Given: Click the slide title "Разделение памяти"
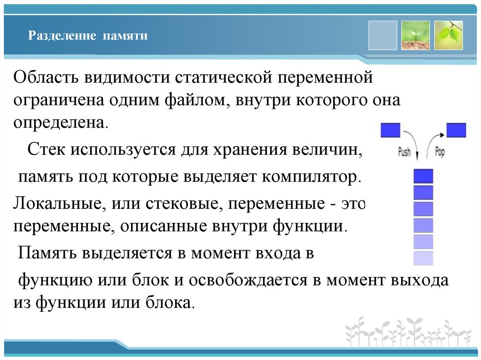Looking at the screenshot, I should pyautogui.click(x=88, y=36).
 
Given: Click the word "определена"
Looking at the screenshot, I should pyautogui.click(x=60, y=123).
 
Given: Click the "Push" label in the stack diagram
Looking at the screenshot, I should pyautogui.click(x=404, y=152).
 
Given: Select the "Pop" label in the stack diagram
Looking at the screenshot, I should pyautogui.click(x=440, y=151).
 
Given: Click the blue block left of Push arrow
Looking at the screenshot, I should pyautogui.click(x=390, y=130).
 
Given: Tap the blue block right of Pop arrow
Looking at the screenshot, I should pyautogui.click(x=456, y=130).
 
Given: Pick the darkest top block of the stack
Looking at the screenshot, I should pyautogui.click(x=423, y=176).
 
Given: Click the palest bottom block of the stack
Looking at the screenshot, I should pyautogui.click(x=423, y=258).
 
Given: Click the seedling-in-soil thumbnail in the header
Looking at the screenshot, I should pyautogui.click(x=415, y=35).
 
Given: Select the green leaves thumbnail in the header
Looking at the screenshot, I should pyautogui.click(x=448, y=35).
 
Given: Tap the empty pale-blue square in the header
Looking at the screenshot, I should pyautogui.click(x=382, y=35).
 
